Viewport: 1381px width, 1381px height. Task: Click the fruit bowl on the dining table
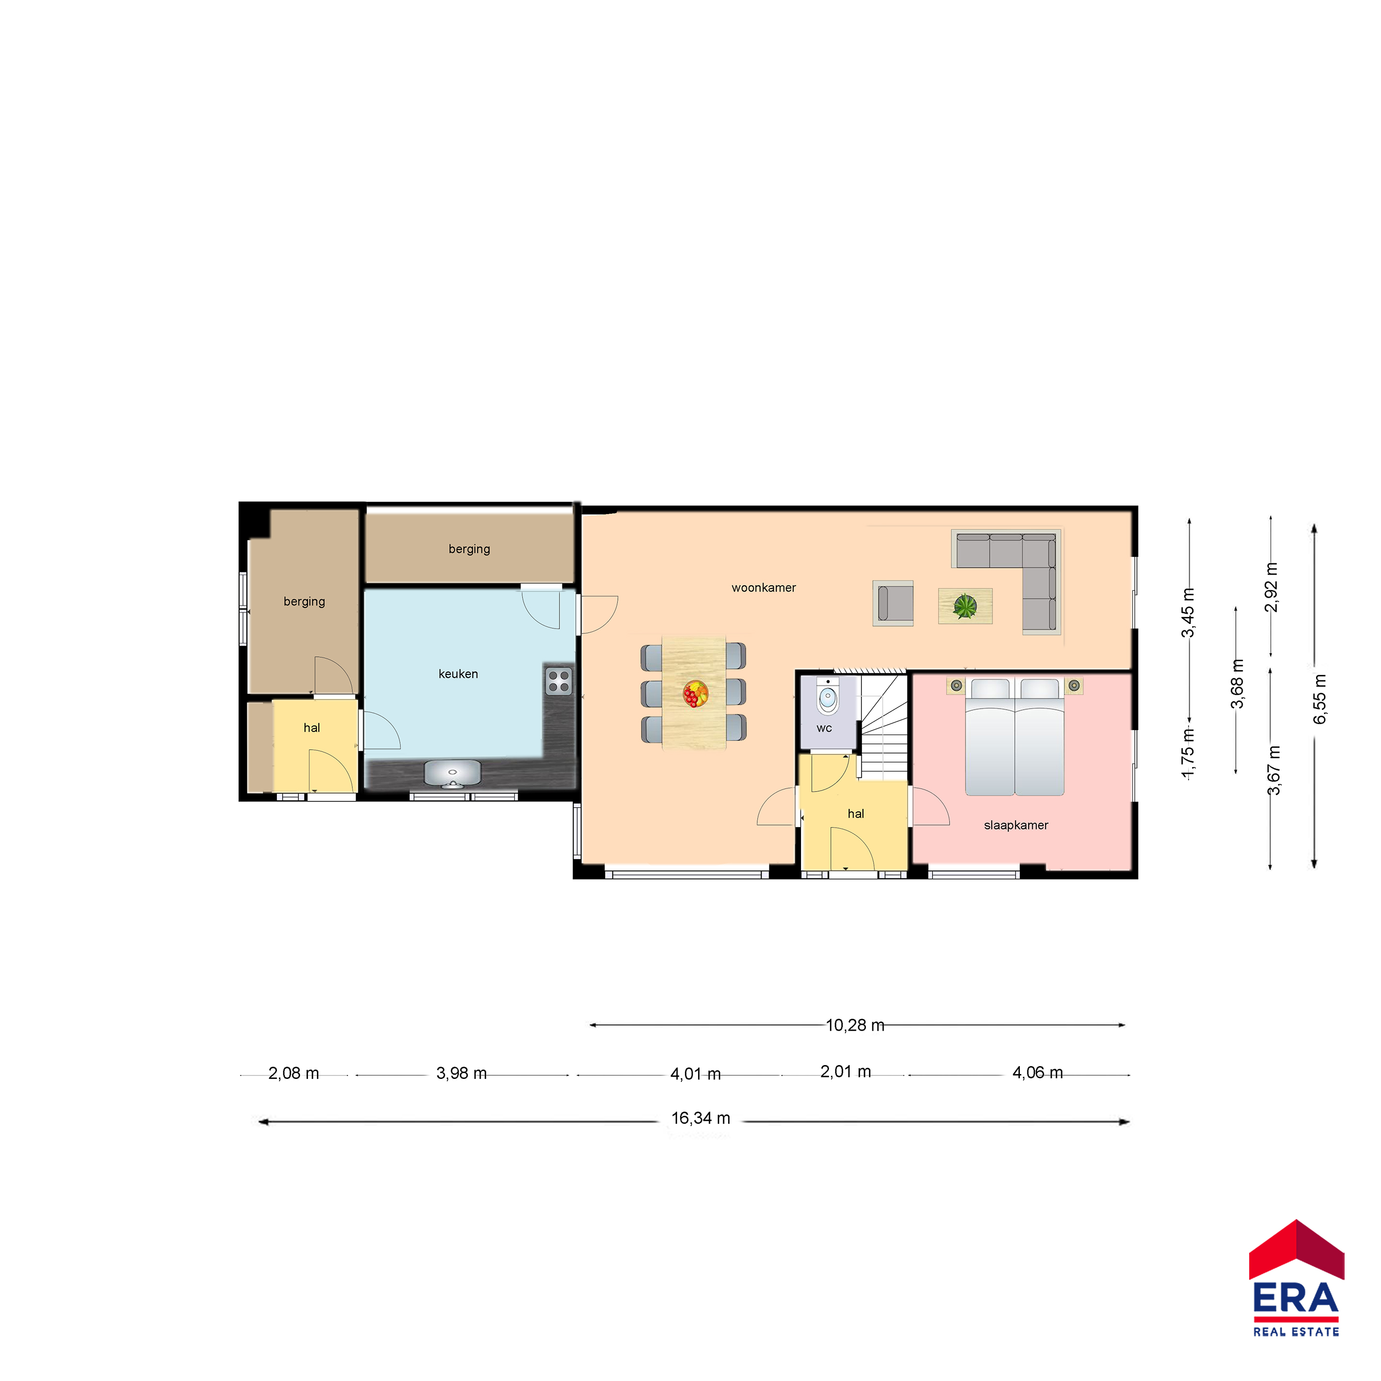click(x=695, y=693)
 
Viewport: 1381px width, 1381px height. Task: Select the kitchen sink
click(x=453, y=773)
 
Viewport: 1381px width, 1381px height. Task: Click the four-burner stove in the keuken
click(x=559, y=681)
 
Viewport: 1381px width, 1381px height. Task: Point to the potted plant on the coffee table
click(x=965, y=606)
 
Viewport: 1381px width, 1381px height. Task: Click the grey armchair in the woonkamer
click(x=893, y=603)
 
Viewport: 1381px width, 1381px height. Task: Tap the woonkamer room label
click(x=764, y=587)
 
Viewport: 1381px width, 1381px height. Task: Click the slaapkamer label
click(x=1016, y=825)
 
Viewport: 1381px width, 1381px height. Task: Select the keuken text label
click(x=458, y=674)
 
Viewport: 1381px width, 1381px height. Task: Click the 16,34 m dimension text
click(x=701, y=1118)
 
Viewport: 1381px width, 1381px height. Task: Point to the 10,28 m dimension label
click(x=855, y=1025)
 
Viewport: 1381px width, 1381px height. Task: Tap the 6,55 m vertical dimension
click(x=1320, y=698)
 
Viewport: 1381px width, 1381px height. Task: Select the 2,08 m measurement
click(x=294, y=1073)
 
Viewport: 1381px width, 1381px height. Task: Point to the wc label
click(x=824, y=729)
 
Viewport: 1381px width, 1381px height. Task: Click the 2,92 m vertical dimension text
click(x=1271, y=587)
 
